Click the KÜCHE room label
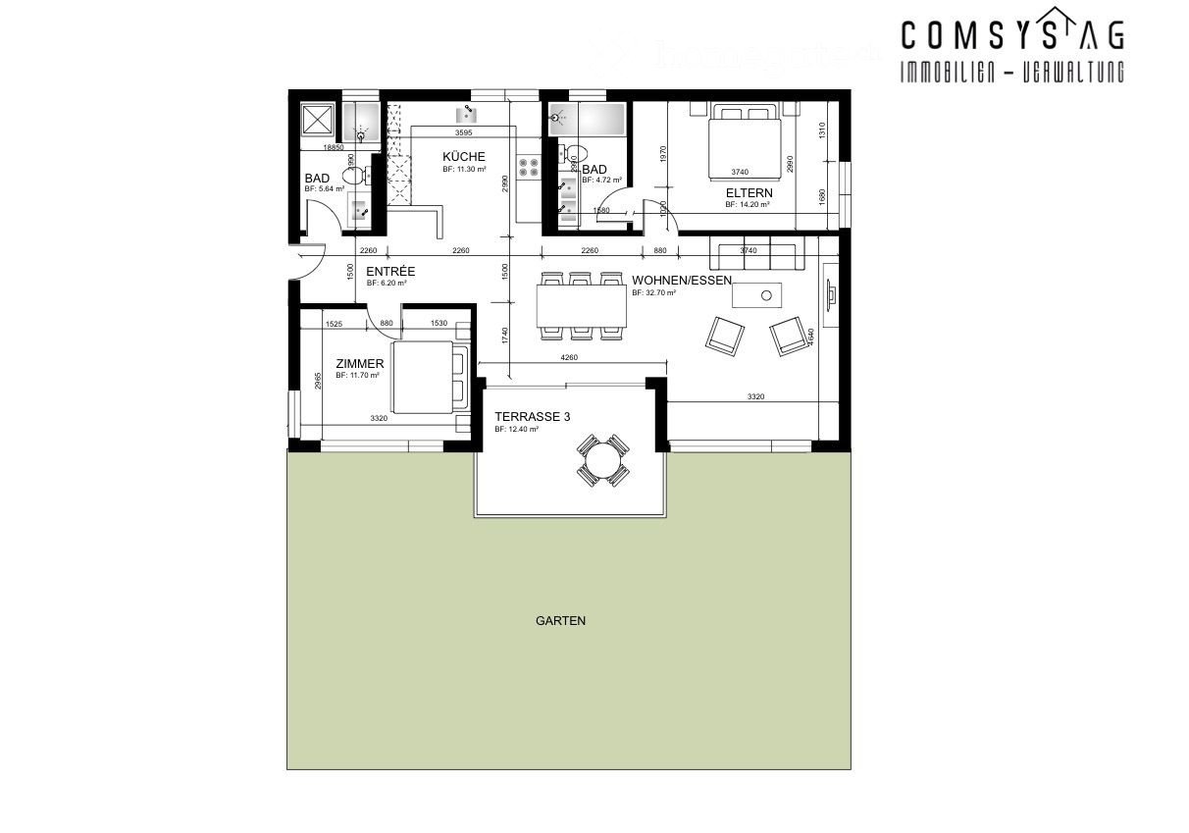point(463,157)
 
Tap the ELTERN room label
point(750,193)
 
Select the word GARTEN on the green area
point(561,620)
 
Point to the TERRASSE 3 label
point(532,416)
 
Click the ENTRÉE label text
point(390,271)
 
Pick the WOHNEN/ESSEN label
point(682,280)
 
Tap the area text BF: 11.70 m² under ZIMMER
point(357,375)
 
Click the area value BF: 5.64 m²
point(325,188)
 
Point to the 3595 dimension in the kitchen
point(464,132)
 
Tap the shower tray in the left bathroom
point(319,120)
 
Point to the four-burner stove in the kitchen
point(528,168)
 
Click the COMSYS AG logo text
point(1011,36)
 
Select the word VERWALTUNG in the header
point(1069,72)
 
